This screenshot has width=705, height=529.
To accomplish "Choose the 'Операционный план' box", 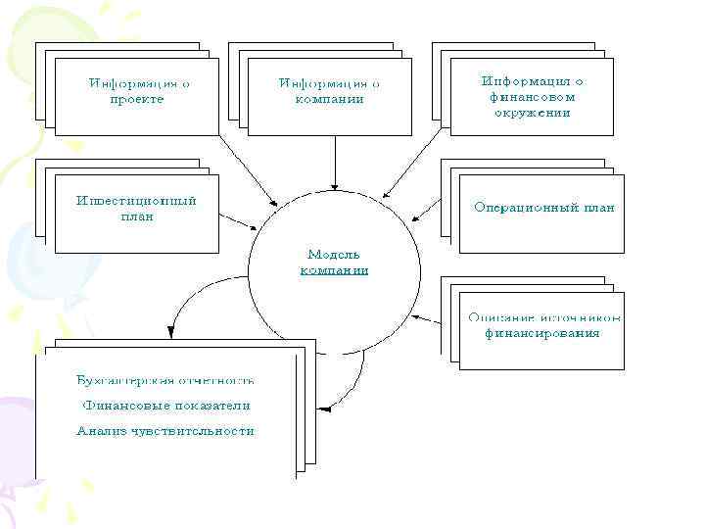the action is click(542, 214).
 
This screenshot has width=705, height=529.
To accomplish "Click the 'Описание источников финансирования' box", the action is click(542, 331).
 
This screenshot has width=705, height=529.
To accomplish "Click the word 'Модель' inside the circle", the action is click(334, 252).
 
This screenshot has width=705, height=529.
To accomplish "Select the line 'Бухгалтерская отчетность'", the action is click(165, 379).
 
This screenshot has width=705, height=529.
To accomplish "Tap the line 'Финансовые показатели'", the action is click(165, 405).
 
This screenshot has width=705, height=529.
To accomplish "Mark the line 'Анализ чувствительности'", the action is click(165, 430).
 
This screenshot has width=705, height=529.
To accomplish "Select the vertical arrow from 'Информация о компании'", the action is click(334, 163).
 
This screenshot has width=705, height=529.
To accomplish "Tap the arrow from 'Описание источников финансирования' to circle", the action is click(436, 318).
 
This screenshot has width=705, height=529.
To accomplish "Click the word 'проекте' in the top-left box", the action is click(138, 99).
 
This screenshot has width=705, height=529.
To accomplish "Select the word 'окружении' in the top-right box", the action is click(533, 113).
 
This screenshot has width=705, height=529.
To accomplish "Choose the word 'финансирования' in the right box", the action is click(542, 333).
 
